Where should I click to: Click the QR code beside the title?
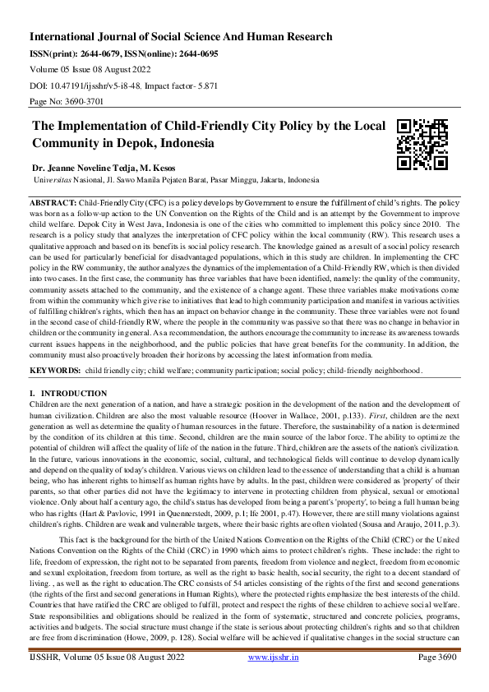pos(422,144)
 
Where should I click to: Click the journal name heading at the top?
pos(181,37)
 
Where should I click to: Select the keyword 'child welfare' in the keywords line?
pos(176,371)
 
